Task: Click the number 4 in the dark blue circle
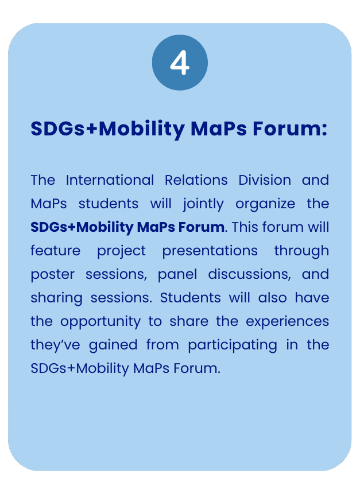pos(180,63)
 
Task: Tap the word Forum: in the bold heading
pos(290,129)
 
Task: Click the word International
pos(110,180)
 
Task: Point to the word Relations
pos(196,180)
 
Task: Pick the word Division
pos(265,180)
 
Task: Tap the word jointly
pos(203,204)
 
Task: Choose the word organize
pos(265,204)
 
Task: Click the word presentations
pos(210,251)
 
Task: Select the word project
pos(121,251)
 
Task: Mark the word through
pos(301,251)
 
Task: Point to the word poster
pos(53,275)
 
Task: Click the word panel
pos(177,275)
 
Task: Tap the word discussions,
pos(250,274)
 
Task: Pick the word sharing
pos(56,298)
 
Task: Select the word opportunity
pos(100,322)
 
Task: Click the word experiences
pos(288,322)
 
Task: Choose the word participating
pos(233,345)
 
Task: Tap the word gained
pos(113,345)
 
